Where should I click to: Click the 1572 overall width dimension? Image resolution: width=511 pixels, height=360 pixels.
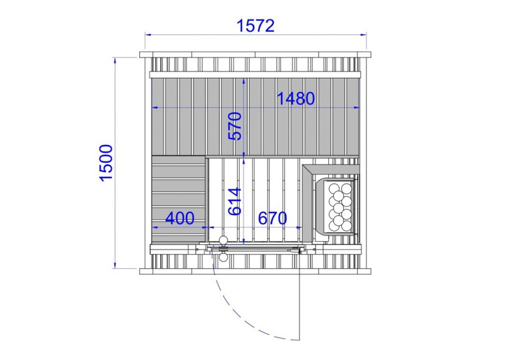(256, 26)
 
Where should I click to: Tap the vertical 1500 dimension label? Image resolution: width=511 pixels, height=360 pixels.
(106, 163)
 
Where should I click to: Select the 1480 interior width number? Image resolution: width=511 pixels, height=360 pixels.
(296, 99)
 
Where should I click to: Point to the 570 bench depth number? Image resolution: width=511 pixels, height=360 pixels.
(235, 126)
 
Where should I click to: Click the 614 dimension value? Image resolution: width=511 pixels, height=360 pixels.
(235, 201)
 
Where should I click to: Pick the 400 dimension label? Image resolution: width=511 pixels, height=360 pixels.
(180, 218)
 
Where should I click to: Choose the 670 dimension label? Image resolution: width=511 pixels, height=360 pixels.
(273, 218)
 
